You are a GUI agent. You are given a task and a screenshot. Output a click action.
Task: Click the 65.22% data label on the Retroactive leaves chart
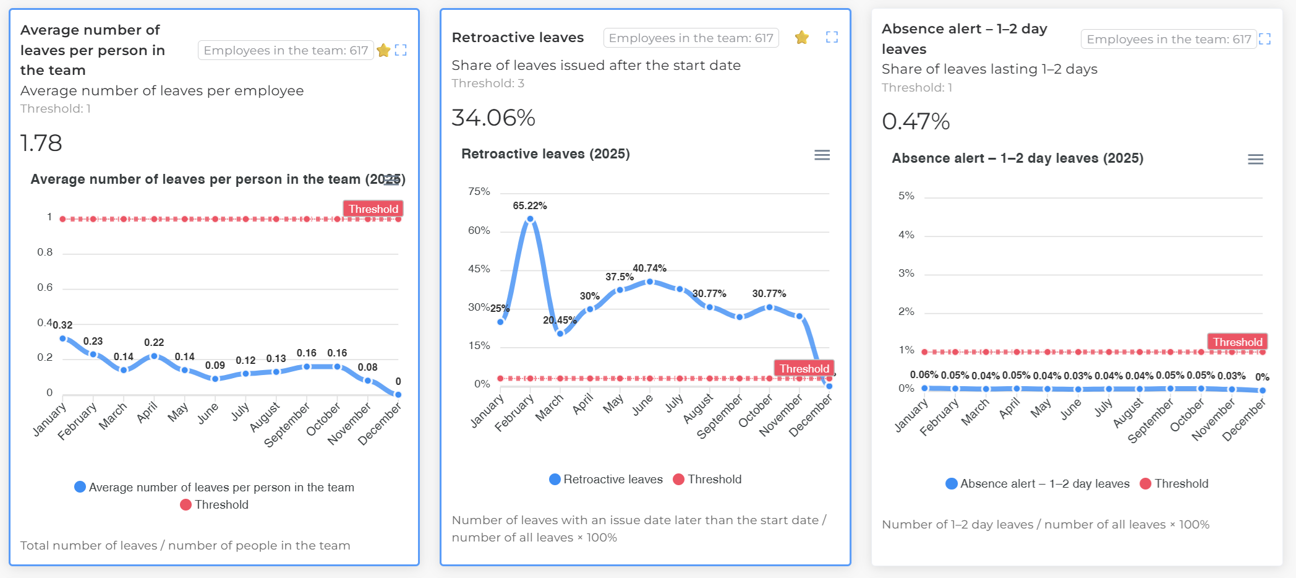pos(529,205)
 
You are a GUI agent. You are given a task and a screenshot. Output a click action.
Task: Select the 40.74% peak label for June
pos(649,268)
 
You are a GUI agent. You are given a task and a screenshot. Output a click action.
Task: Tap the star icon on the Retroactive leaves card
pos(802,38)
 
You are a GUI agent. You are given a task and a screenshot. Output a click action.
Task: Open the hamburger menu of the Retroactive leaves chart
pos(822,155)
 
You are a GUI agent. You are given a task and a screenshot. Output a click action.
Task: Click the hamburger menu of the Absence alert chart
pos(1255,159)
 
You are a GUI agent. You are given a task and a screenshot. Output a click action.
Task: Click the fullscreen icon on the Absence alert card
pos(1264,39)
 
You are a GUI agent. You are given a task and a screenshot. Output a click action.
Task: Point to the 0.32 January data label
pos(63,325)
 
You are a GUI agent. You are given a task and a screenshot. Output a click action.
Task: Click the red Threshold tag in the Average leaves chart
pos(373,209)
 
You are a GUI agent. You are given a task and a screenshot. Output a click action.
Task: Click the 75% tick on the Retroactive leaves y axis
pos(479,191)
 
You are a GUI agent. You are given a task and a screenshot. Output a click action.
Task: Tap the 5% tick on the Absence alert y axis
pos(906,196)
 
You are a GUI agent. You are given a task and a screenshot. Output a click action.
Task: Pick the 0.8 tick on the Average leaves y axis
pos(45,252)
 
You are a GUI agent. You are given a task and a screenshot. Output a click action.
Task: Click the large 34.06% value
pos(493,118)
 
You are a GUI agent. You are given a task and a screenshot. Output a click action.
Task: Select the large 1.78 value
pos(41,143)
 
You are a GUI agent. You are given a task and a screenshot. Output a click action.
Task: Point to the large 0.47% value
pos(915,121)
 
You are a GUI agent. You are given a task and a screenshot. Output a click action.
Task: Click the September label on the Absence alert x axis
pos(1151,421)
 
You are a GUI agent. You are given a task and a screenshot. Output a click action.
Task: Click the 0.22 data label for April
pos(154,342)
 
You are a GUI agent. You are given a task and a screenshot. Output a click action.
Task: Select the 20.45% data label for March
pos(559,320)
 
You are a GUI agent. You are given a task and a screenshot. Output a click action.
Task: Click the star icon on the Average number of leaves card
pos(383,50)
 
